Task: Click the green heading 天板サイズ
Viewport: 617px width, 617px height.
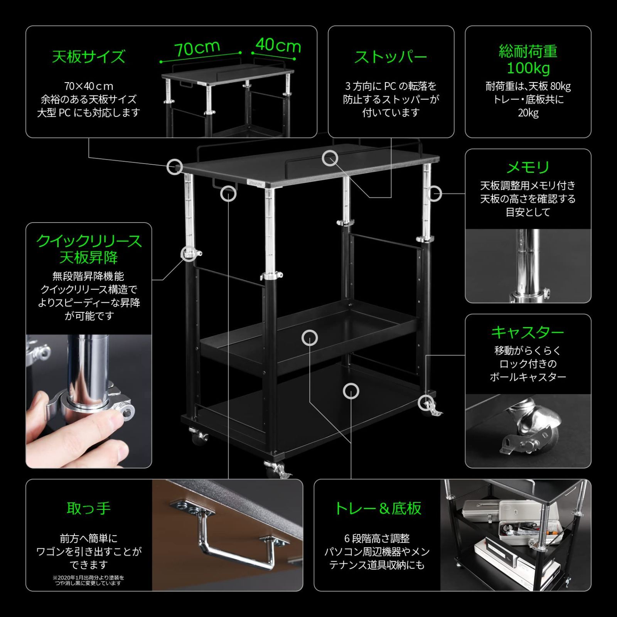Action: coord(89,57)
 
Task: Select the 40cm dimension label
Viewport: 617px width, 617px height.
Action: coord(278,45)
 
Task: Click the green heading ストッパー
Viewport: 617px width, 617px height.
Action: coord(391,57)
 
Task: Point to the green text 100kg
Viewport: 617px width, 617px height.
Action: coord(528,68)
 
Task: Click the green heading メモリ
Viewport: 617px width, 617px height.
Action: coord(528,167)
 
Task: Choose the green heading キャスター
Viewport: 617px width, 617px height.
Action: coord(528,332)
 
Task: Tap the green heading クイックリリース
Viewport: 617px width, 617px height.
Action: coord(89,241)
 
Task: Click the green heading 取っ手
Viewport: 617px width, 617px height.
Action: coord(89,508)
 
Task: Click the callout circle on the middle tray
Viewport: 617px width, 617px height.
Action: coord(309,338)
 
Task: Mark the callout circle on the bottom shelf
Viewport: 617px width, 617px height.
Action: coord(351,391)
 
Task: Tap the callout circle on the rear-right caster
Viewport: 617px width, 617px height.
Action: coord(425,403)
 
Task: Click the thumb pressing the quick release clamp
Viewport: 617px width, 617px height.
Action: coord(112,420)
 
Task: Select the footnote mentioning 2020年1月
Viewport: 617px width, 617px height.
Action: coord(88,580)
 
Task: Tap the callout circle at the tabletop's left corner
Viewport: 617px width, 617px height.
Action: coord(174,167)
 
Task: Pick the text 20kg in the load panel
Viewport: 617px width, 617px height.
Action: coord(528,113)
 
